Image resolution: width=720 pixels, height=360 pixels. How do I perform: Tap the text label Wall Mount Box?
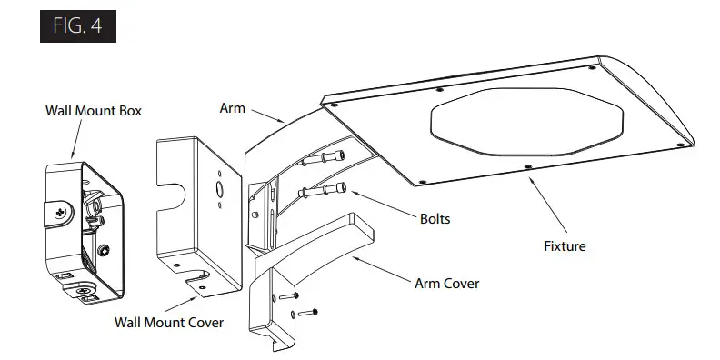click(94, 111)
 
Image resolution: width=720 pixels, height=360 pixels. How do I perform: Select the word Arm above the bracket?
click(232, 107)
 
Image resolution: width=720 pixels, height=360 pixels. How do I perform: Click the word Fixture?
click(565, 245)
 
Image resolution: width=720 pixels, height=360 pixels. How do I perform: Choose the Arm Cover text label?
click(446, 284)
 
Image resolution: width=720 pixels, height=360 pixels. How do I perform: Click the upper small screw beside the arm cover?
click(290, 295)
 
